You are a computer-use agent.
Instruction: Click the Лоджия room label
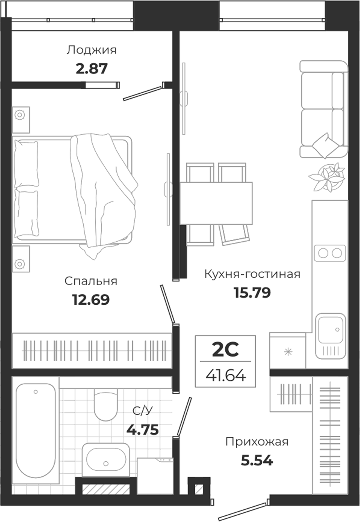click(x=91, y=50)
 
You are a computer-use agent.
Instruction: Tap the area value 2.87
click(x=91, y=69)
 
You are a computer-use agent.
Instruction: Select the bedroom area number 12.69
click(x=91, y=300)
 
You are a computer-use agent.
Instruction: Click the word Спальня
click(x=91, y=281)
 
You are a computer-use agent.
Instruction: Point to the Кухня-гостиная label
click(x=252, y=274)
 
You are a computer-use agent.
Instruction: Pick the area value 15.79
click(x=252, y=293)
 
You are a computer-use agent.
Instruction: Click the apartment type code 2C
click(x=225, y=350)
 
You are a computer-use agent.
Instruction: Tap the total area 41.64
click(x=226, y=376)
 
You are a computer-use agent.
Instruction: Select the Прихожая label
click(x=257, y=442)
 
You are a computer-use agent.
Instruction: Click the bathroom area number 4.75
click(x=143, y=430)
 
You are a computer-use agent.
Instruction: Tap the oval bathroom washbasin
click(x=106, y=460)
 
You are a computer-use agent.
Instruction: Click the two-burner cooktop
click(x=330, y=253)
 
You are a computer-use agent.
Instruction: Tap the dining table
click(x=216, y=203)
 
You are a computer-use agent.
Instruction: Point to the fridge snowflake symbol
click(x=288, y=352)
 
